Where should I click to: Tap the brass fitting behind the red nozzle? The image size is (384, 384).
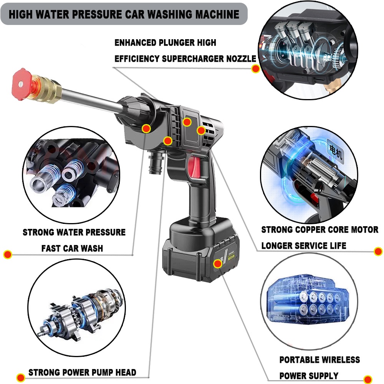coord(48,88)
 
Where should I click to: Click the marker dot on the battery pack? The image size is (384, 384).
coord(218,263)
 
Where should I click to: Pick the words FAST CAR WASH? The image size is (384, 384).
coord(72,248)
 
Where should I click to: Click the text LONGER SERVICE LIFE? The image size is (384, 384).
coord(304,245)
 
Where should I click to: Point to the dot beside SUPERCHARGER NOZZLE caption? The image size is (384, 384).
coord(255,69)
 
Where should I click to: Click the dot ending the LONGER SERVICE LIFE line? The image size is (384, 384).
coord(378,252)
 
